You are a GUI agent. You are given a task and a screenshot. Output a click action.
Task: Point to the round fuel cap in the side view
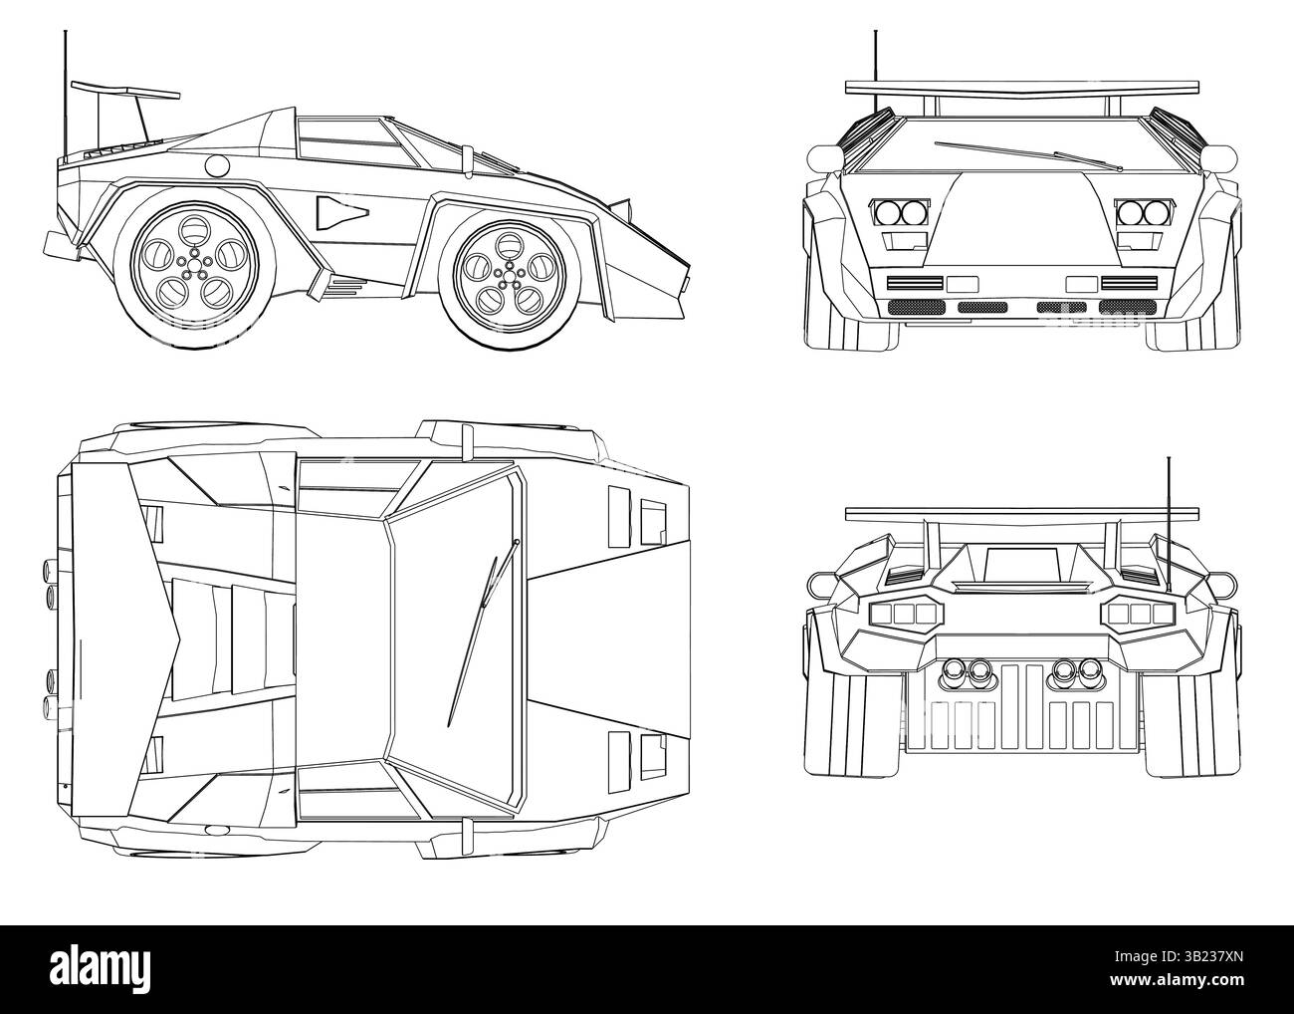click(216, 165)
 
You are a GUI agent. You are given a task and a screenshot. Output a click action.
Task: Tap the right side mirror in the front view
click(1217, 157)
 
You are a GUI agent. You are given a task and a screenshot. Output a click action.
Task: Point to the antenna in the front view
click(876, 55)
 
